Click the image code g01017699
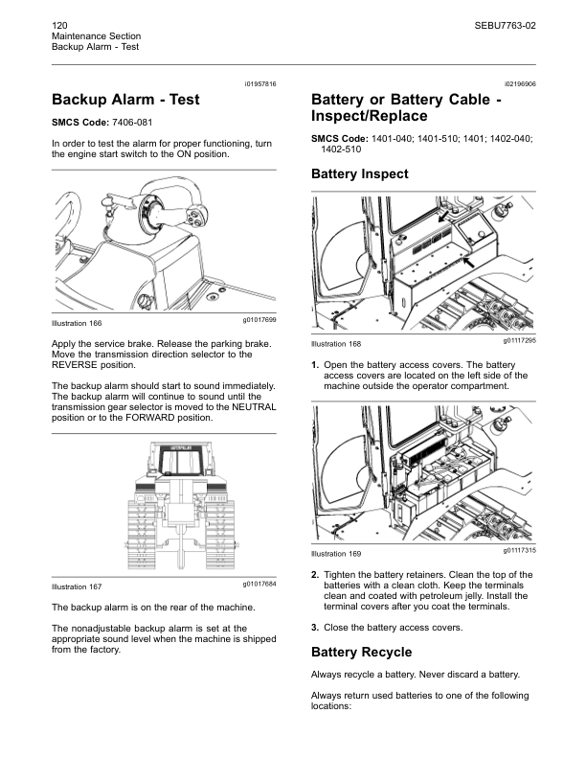click(259, 318)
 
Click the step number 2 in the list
click(315, 575)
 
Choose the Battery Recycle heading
click(361, 653)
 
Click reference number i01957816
click(259, 84)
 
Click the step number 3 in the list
click(315, 628)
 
